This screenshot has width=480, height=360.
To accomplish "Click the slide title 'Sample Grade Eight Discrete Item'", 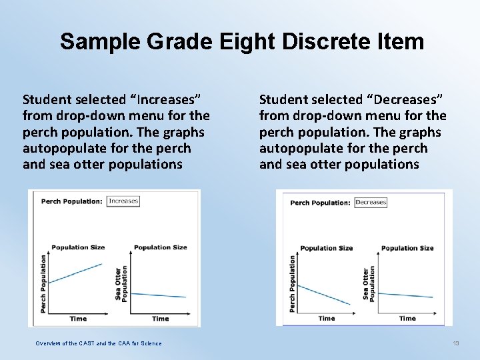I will [x=241, y=41].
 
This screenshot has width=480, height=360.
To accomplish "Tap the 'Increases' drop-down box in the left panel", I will [x=123, y=201].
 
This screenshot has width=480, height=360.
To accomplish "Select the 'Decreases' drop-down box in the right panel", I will [x=371, y=202].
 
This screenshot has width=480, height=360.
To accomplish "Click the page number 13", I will [x=456, y=343].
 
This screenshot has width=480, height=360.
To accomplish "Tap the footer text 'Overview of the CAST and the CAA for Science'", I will [x=98, y=343].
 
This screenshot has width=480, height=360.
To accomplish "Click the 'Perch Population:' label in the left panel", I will [x=71, y=201].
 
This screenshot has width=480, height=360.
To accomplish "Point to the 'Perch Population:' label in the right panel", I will [x=320, y=203].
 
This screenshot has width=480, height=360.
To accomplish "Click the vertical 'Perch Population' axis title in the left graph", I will [x=43, y=283].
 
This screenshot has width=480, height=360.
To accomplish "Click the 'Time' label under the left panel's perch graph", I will [x=78, y=319].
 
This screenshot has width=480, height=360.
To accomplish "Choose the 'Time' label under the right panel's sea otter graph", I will [x=407, y=319].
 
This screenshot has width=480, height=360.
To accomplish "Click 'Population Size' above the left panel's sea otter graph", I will [x=160, y=247].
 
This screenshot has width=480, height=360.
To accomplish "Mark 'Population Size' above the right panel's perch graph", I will [x=326, y=248].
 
